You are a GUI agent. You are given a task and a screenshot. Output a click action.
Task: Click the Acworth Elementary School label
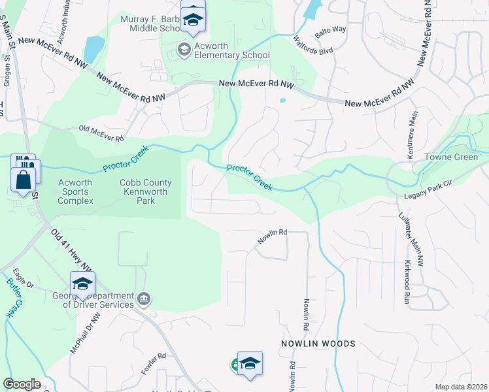(x=231, y=55)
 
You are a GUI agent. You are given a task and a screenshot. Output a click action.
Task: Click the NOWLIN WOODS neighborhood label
(x=318, y=344)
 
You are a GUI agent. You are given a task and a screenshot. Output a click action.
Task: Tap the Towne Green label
(x=452, y=157)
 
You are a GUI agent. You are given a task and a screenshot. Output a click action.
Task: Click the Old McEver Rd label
(x=101, y=133)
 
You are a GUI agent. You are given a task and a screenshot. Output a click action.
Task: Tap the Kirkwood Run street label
(x=407, y=266)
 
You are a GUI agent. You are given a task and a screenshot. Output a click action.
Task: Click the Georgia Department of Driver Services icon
(x=144, y=300)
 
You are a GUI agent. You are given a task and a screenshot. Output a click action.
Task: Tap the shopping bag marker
(x=23, y=178)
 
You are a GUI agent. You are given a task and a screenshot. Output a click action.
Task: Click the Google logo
(x=22, y=384)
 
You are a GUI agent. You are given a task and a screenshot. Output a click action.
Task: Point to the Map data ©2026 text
(x=461, y=387)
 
